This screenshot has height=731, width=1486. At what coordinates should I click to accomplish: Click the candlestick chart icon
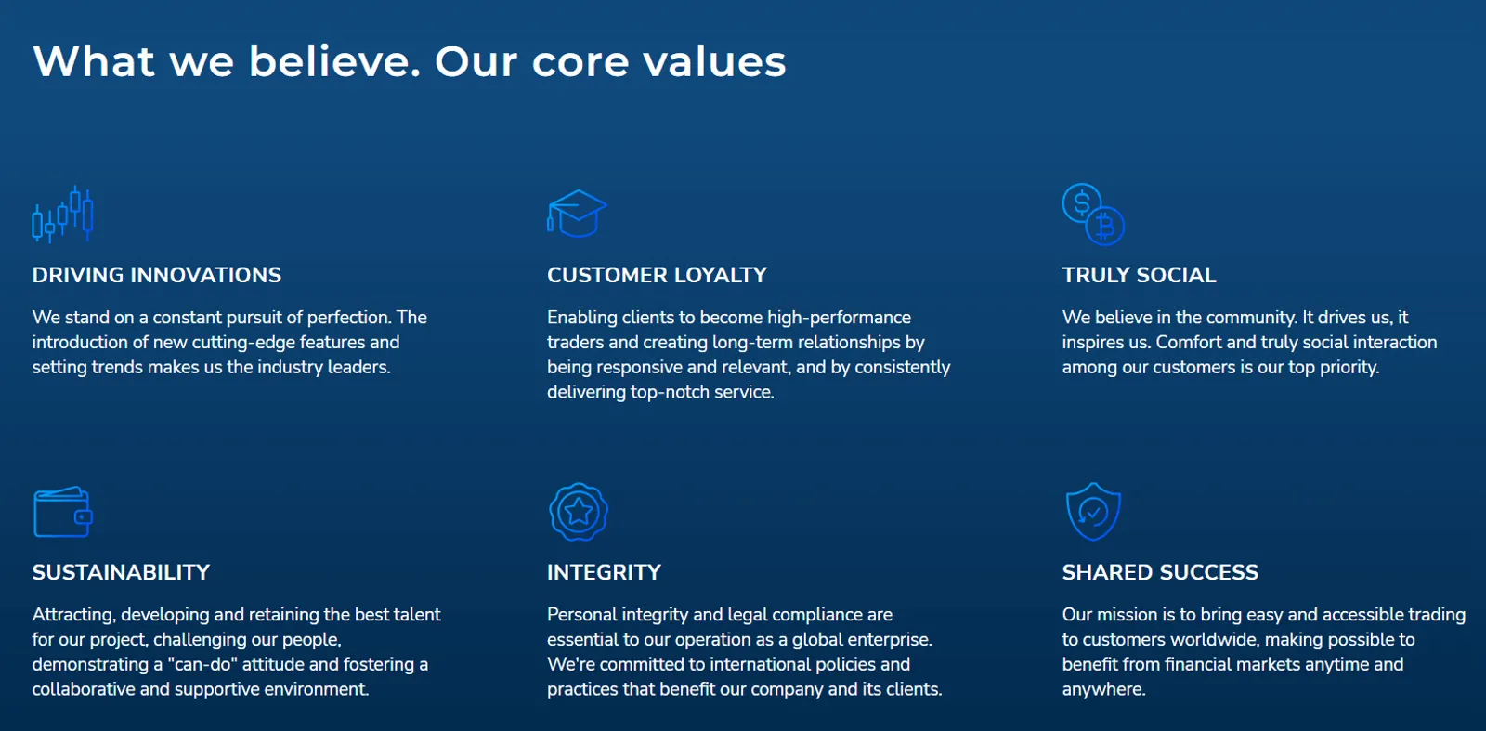pyautogui.click(x=62, y=215)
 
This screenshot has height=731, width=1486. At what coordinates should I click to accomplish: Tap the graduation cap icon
pyautogui.click(x=577, y=214)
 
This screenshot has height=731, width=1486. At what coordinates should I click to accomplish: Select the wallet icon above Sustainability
pyautogui.click(x=63, y=512)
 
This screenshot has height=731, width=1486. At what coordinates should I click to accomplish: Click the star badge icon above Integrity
pyautogui.click(x=579, y=512)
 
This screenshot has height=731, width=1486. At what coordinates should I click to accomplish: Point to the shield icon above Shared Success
pyautogui.click(x=1093, y=512)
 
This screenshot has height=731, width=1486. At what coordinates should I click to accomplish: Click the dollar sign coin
pyautogui.click(x=1081, y=203)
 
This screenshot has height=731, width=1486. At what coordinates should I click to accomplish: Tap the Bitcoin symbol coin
pyautogui.click(x=1105, y=227)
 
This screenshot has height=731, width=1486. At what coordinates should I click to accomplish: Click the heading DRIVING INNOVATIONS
pyautogui.click(x=157, y=275)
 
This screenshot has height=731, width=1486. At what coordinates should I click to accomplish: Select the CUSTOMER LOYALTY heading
pyautogui.click(x=657, y=275)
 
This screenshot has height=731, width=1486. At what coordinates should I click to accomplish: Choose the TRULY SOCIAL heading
pyautogui.click(x=1139, y=275)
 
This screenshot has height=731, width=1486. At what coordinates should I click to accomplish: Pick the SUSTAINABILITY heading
pyautogui.click(x=121, y=572)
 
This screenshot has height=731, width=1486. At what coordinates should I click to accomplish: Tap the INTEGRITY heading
pyautogui.click(x=604, y=572)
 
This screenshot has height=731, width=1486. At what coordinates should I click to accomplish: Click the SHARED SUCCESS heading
pyautogui.click(x=1160, y=572)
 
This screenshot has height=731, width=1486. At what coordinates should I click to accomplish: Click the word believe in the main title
pyautogui.click(x=334, y=61)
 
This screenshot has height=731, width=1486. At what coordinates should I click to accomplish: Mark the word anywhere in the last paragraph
pyautogui.click(x=1103, y=690)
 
